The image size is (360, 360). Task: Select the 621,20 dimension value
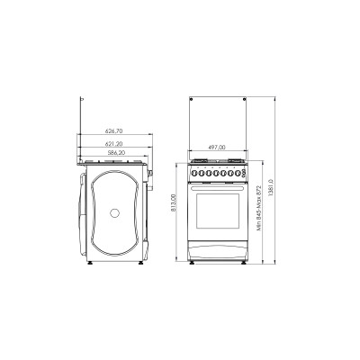[114, 143]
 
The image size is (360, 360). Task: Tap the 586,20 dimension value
[114, 154]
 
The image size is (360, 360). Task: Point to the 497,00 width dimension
[216, 147]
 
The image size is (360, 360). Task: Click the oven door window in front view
[216, 212]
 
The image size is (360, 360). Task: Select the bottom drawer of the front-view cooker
[216, 252]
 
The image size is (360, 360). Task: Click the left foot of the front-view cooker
[192, 265]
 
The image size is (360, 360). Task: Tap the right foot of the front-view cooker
[240, 265]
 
